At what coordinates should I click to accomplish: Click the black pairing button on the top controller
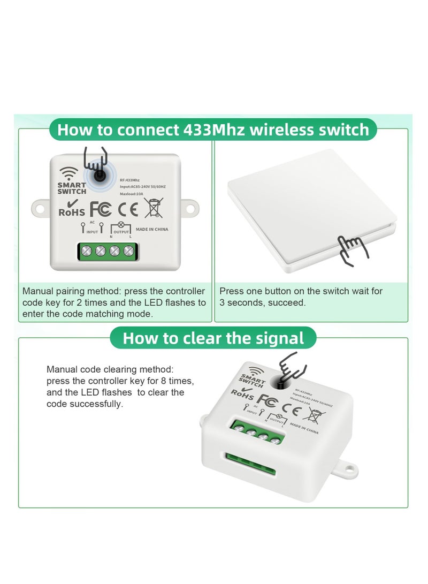(x=99, y=175)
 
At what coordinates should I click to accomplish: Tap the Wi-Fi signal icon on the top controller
(x=68, y=173)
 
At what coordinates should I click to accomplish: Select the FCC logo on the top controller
(x=101, y=208)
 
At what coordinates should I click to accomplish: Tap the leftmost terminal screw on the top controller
(x=86, y=251)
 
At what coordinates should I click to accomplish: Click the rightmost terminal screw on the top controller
(x=128, y=251)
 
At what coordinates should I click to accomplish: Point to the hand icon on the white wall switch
(x=353, y=250)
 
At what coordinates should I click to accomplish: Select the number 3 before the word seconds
(x=222, y=302)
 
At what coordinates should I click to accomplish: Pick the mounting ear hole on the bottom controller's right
(x=350, y=469)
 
